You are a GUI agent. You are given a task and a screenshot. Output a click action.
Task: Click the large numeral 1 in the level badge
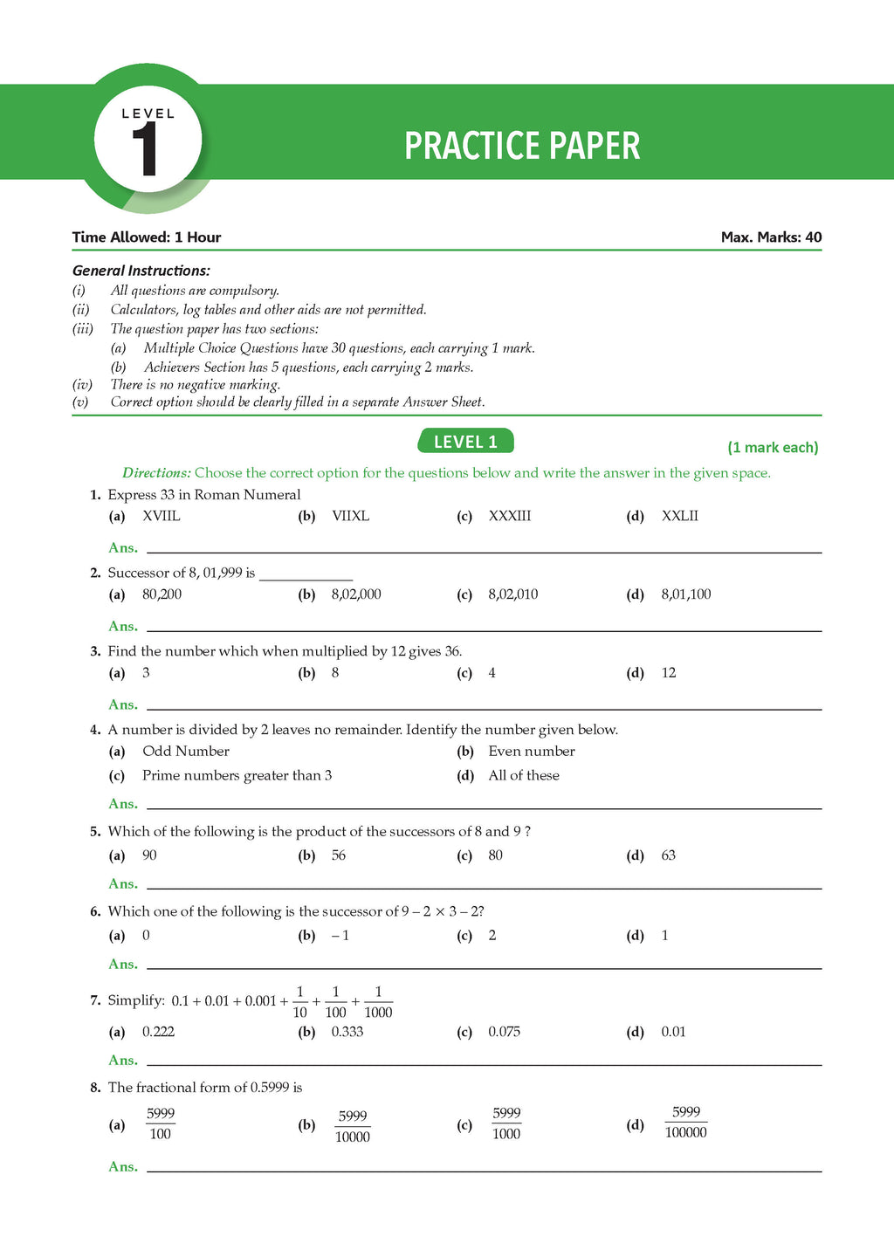pyautogui.click(x=145, y=150)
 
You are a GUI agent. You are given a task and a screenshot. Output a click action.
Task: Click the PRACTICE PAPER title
pyautogui.click(x=522, y=146)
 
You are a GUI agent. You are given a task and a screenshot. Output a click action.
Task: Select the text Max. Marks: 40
pyautogui.click(x=771, y=237)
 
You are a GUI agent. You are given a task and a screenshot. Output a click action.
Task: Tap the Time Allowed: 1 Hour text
pyautogui.click(x=147, y=237)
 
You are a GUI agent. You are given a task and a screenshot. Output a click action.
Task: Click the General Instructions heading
pyautogui.click(x=141, y=271)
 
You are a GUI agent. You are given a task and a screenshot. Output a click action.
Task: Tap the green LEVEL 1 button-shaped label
pyautogui.click(x=466, y=442)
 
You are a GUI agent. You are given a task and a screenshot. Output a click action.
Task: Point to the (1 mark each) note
pyautogui.click(x=773, y=447)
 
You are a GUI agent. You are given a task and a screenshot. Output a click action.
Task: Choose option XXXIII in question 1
pyautogui.click(x=509, y=516)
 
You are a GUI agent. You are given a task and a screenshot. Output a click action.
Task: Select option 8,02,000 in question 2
pyautogui.click(x=356, y=594)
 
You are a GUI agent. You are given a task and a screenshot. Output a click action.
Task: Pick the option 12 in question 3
pyautogui.click(x=669, y=673)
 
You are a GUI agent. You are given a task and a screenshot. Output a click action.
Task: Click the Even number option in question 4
pyautogui.click(x=532, y=752)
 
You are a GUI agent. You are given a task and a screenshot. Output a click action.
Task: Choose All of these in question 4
pyautogui.click(x=524, y=775)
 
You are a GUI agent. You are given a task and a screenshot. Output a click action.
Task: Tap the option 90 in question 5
pyautogui.click(x=149, y=855)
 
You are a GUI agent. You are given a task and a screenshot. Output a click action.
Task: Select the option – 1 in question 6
pyautogui.click(x=340, y=936)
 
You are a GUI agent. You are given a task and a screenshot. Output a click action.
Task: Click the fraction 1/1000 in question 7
pyautogui.click(x=378, y=1002)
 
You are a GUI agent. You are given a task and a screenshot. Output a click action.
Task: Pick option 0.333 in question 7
pyautogui.click(x=347, y=1032)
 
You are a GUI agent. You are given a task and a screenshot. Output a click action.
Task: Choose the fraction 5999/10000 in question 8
pyautogui.click(x=353, y=1126)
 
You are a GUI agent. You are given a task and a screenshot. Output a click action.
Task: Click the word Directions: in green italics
pyautogui.click(x=156, y=473)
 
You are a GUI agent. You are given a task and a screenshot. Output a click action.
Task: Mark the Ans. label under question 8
pyautogui.click(x=123, y=1167)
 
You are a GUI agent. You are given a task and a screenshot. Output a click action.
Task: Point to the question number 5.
pyautogui.click(x=95, y=832)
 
